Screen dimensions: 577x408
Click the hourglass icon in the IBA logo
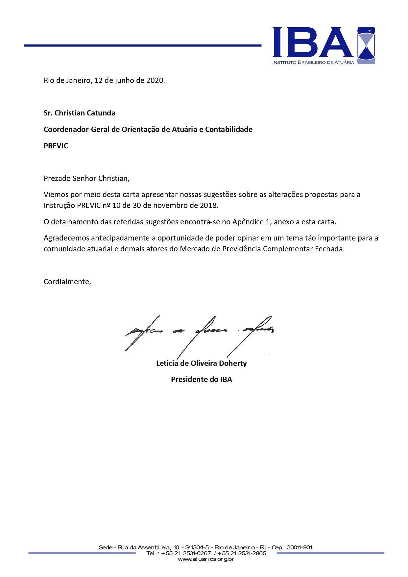(366, 45)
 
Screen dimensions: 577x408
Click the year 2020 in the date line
(155, 80)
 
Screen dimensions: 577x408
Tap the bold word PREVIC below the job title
(56, 146)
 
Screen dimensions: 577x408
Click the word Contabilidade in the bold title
(229, 130)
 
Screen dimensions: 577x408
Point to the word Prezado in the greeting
(57, 179)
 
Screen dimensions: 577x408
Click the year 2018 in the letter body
(208, 206)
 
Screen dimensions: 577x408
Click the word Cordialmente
(67, 282)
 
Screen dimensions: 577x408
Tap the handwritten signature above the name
(199, 332)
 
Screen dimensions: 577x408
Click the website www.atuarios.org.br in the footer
(206, 559)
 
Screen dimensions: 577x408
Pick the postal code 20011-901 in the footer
(299, 547)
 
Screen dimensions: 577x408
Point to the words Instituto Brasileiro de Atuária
(313, 63)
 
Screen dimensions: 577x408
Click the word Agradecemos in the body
(66, 238)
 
